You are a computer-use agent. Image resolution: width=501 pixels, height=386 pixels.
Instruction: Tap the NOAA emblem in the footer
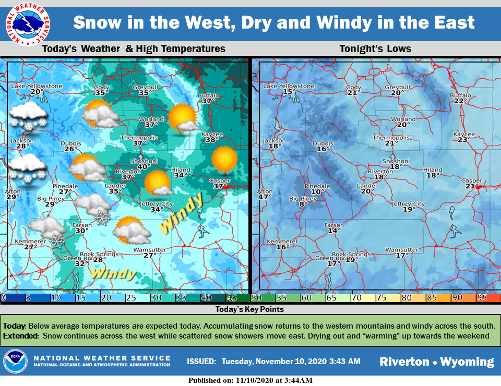pos(15,361)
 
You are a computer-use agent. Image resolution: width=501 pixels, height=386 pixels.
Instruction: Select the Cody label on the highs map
pos(102,87)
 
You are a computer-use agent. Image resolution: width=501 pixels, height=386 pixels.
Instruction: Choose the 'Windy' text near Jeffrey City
pos(181,213)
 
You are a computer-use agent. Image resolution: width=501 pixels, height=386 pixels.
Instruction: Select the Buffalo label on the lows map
pos(460,95)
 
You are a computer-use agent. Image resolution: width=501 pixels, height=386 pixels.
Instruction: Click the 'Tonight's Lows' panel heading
pos(375,49)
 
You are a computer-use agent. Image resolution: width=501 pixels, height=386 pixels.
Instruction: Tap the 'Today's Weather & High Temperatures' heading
pos(134,49)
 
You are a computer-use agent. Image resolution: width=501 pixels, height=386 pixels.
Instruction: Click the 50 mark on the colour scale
pos(256,298)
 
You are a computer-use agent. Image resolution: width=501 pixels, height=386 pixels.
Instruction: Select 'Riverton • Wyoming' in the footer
pos(436,361)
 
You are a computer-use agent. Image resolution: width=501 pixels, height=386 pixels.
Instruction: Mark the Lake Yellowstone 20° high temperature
pos(37,92)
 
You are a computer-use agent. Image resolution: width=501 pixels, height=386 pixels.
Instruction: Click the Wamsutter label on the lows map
pos(401,250)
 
